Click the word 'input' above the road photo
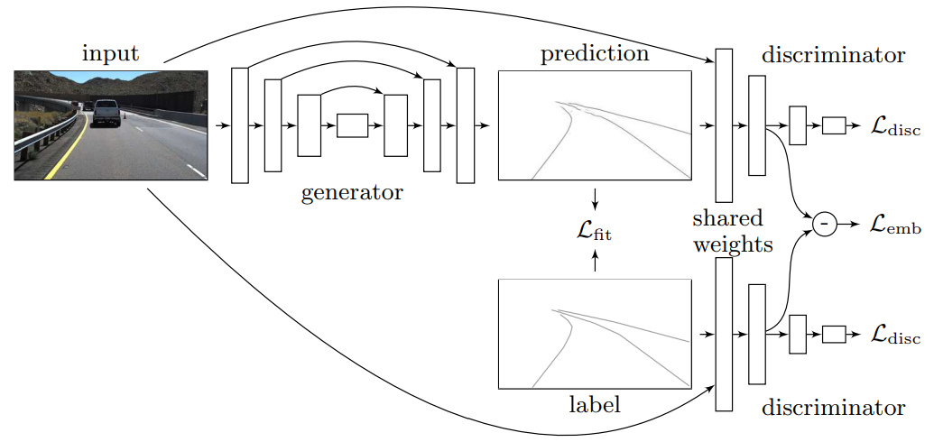point(111,53)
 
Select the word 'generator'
point(353,191)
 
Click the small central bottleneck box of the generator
point(352,125)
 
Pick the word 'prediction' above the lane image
point(595,54)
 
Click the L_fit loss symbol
point(595,233)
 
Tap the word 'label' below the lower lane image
point(595,405)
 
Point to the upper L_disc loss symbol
point(895,127)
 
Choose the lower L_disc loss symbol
point(895,335)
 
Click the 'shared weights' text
point(728,231)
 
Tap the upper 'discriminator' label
point(833,56)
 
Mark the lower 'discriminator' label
point(833,408)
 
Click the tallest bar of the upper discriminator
point(724,125)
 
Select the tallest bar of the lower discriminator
point(724,335)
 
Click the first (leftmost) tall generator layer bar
point(239,125)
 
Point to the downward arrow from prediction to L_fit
point(595,198)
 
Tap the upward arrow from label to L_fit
point(595,262)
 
